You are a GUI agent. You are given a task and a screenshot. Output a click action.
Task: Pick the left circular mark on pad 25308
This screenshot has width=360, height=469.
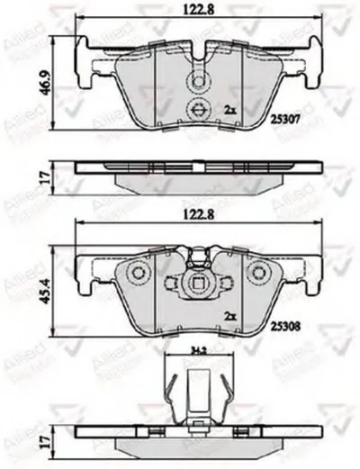click(x=138, y=275)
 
